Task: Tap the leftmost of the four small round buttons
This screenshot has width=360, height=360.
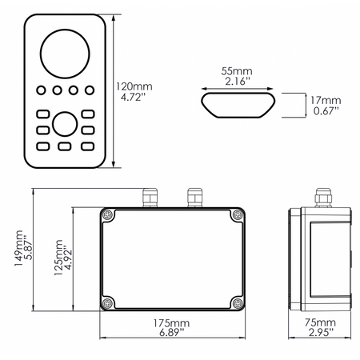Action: coord(41,90)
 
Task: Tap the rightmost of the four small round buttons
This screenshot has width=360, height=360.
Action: coord(89,90)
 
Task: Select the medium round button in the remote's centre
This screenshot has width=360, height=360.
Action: coord(65,123)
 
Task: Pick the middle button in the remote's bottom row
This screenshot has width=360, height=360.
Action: coord(65,146)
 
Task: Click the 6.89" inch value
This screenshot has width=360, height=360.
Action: coord(170,331)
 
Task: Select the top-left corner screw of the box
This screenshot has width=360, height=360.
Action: coord(108,215)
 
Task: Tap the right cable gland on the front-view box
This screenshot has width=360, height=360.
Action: coord(193,196)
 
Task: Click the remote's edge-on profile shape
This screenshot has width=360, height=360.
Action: coord(238,102)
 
